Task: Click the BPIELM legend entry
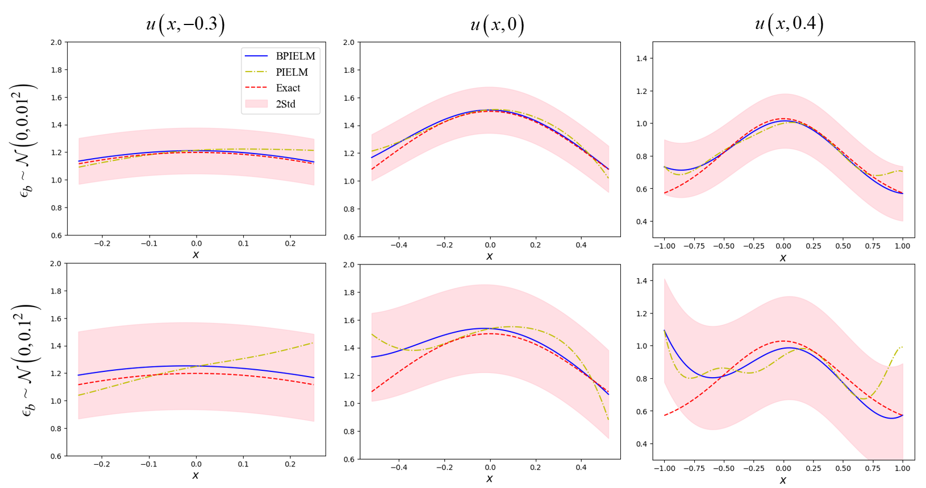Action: coord(295,56)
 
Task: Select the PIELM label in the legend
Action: coord(291,72)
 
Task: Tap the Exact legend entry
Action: coord(287,88)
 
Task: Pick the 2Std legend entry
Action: coord(285,104)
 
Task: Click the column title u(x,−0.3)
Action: coord(185,24)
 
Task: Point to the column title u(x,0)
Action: coord(497,25)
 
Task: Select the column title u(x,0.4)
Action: coord(789,23)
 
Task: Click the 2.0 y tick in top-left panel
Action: coord(56,43)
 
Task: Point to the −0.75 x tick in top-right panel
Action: coord(694,246)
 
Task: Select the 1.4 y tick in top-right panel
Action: coord(641,59)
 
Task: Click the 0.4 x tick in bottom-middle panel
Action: coord(581,468)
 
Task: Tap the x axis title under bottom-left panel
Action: coord(195,475)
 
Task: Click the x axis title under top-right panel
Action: coord(783,258)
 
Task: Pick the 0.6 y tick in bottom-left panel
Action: coord(56,456)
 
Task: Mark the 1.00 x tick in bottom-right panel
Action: coord(902,469)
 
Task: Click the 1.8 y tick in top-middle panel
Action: coord(349,71)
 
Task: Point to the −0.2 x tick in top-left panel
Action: coord(102,243)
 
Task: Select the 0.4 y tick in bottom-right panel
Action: coord(641,444)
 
